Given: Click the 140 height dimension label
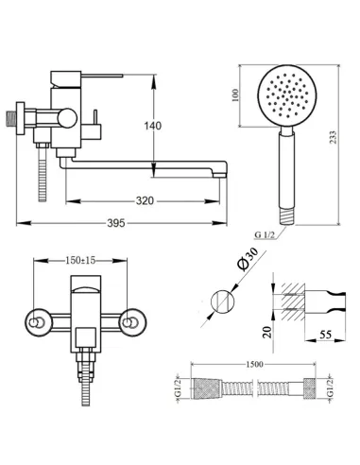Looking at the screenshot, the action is (x=153, y=126).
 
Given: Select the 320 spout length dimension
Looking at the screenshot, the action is (x=145, y=200).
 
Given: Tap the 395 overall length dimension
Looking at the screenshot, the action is (x=116, y=223).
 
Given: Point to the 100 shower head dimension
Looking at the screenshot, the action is (x=235, y=95).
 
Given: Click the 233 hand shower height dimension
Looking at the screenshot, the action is (x=333, y=137).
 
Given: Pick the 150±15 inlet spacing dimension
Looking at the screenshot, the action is (x=80, y=261).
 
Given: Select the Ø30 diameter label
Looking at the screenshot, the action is (x=248, y=259).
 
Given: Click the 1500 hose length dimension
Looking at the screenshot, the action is (x=254, y=364).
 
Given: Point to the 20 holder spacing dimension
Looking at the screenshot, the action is (x=267, y=332).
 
